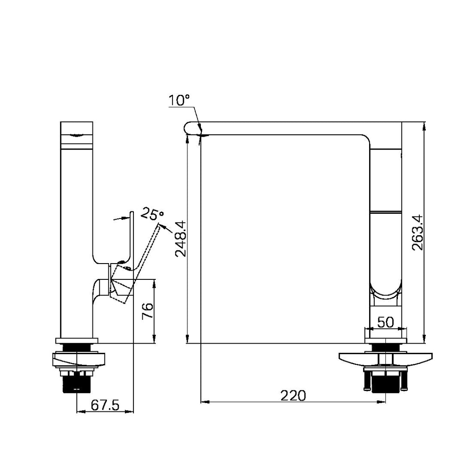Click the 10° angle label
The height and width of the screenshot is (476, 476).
(x=179, y=100)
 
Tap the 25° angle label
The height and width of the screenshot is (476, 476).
(x=152, y=214)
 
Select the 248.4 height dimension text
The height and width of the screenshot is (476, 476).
(x=181, y=239)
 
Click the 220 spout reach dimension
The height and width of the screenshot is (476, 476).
(x=293, y=396)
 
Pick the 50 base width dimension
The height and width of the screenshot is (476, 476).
(x=385, y=322)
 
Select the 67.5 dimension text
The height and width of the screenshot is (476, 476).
(x=105, y=405)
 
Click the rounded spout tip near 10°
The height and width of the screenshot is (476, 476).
(x=189, y=128)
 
